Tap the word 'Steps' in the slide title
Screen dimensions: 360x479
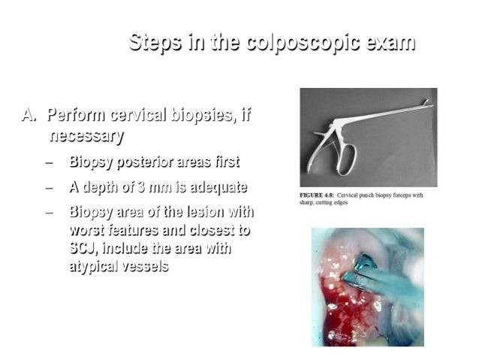tap(153, 43)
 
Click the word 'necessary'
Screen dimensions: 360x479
tap(86, 136)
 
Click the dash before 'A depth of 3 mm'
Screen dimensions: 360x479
tap(49, 187)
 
